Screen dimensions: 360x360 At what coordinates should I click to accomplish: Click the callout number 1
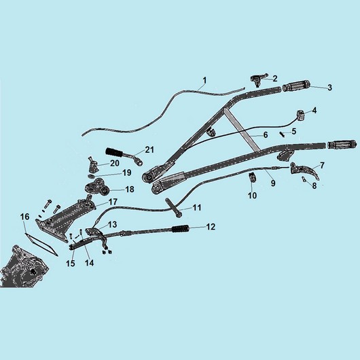[x=204, y=81]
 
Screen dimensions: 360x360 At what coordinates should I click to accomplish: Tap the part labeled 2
[x=258, y=79]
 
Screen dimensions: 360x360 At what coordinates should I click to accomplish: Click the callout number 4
[x=314, y=110]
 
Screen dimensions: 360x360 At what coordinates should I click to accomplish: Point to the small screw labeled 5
[x=282, y=134]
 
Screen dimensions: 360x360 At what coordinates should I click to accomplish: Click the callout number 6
[x=266, y=135]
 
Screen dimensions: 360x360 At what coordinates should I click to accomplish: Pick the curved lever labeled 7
[x=304, y=170]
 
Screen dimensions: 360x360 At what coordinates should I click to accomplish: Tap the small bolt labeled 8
[x=304, y=179]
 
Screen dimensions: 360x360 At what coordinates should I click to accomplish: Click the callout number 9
[x=273, y=183]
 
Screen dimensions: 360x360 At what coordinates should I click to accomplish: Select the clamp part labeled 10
[x=252, y=177]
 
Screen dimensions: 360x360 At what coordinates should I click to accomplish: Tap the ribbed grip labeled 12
[x=181, y=228]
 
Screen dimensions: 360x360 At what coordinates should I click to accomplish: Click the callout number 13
[x=113, y=224]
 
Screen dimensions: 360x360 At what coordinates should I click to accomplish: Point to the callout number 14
[x=89, y=263]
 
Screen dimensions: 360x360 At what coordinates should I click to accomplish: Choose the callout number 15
[x=71, y=264]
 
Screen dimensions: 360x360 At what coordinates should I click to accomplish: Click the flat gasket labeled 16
[x=41, y=245]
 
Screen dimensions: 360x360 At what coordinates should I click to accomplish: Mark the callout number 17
[x=113, y=202]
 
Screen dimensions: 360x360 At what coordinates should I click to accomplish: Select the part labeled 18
[x=97, y=187]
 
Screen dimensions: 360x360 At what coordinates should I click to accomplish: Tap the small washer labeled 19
[x=92, y=176]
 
